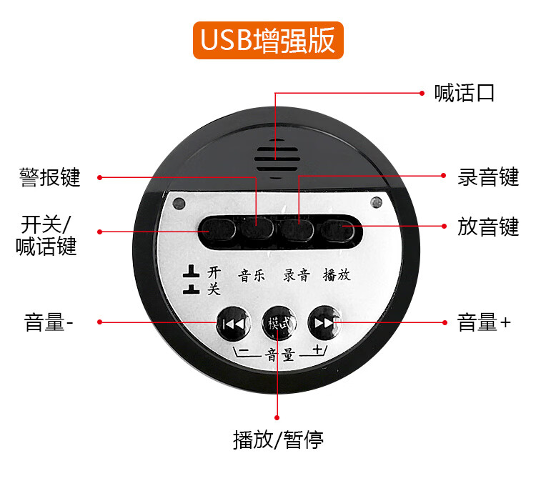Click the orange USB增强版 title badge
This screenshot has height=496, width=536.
(268, 40)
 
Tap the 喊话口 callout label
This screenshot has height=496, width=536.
(464, 93)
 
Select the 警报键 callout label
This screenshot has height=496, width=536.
(50, 177)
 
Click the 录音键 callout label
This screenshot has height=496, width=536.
(488, 177)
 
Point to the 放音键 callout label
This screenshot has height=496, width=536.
(488, 227)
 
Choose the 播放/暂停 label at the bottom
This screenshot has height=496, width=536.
(278, 440)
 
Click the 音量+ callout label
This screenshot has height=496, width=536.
(484, 322)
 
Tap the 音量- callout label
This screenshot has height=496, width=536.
(49, 322)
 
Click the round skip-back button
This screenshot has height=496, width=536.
(234, 323)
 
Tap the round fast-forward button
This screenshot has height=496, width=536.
(324, 323)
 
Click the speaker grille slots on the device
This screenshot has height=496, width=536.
(277, 159)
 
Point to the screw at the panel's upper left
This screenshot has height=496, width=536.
(179, 204)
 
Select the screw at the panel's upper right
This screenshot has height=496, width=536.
(377, 202)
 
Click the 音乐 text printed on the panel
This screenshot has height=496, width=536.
(252, 276)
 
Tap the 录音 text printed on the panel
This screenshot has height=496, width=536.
(297, 275)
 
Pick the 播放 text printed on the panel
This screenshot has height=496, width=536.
(337, 275)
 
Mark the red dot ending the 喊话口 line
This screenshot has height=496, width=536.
(422, 93)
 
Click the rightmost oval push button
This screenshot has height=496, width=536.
(337, 229)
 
